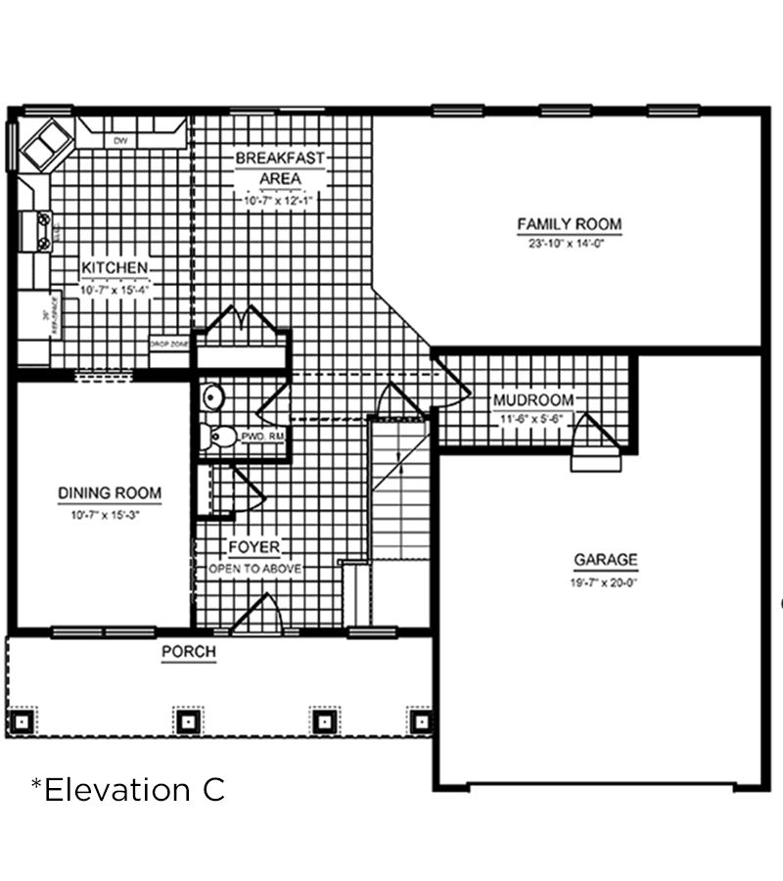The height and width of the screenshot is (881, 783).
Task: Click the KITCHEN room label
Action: [115, 268]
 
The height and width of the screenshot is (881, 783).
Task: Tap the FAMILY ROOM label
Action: [569, 224]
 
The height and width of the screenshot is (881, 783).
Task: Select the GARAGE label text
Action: [605, 561]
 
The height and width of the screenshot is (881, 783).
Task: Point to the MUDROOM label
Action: [532, 399]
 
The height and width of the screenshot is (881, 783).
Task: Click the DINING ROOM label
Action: [110, 493]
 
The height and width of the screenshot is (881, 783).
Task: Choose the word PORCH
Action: [188, 652]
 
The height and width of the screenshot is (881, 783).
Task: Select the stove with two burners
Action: [43, 230]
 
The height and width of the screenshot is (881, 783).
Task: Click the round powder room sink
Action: [212, 396]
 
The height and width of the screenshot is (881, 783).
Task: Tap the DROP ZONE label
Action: [167, 345]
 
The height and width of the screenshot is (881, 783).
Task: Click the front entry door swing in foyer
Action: [257, 613]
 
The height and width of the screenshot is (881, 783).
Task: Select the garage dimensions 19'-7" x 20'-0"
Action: [605, 581]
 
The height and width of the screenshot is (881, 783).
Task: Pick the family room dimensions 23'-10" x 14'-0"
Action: [569, 244]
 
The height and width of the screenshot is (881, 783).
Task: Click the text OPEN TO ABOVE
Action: [254, 569]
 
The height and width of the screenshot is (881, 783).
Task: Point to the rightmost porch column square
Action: [422, 721]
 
